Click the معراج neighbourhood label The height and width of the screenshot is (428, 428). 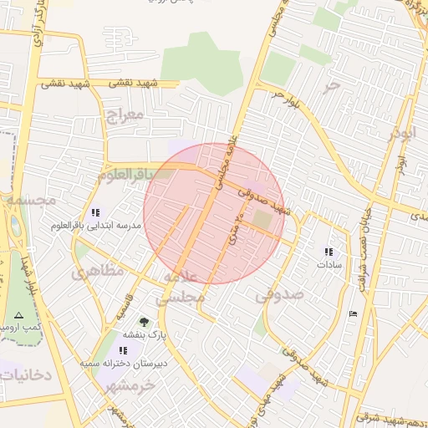tap(122, 114)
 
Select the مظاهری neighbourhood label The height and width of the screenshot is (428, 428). tap(97, 271)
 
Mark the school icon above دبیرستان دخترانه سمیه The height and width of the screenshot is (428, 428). tap(125, 350)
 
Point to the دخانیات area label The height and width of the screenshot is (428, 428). tap(26, 375)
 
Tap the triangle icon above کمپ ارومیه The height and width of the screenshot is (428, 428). tap(18, 315)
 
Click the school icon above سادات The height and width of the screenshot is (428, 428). tap(329, 251)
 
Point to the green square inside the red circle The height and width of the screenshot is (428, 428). tap(262, 219)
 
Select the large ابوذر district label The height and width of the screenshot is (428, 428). tap(402, 133)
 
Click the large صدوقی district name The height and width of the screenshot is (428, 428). tap(279, 295)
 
